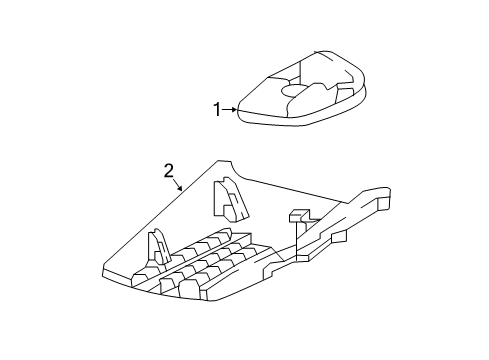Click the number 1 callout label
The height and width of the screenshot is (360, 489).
tap(215, 109)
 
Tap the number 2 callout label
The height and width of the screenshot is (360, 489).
tap(169, 171)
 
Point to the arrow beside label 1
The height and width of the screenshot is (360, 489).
tap(230, 109)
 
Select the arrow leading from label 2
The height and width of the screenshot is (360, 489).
tap(179, 186)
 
